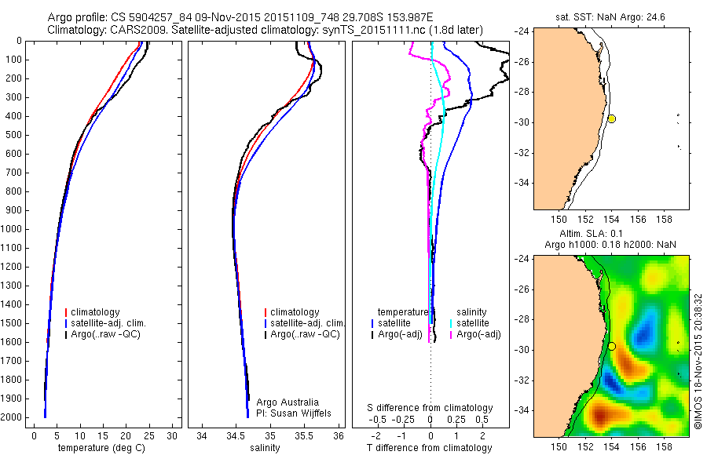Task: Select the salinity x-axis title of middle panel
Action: coord(265,448)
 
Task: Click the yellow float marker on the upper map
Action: coord(611,118)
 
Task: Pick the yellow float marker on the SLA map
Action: coord(611,346)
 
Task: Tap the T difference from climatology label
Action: coord(430,448)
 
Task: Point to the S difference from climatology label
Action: coord(430,408)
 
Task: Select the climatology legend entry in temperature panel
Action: coord(97,312)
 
